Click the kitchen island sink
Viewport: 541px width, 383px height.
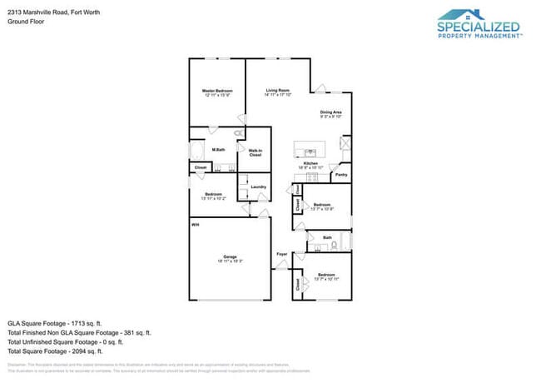310,152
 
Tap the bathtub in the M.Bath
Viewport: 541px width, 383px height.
197,151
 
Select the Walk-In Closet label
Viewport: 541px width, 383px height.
256,152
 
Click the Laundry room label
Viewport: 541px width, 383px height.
258,187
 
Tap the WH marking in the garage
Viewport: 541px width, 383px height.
195,225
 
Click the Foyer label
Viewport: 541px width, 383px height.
281,254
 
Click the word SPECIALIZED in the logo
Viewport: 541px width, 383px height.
479,27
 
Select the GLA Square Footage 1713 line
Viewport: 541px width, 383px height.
54,321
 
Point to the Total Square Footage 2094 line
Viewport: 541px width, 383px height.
56,351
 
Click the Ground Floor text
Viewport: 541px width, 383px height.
26,22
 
